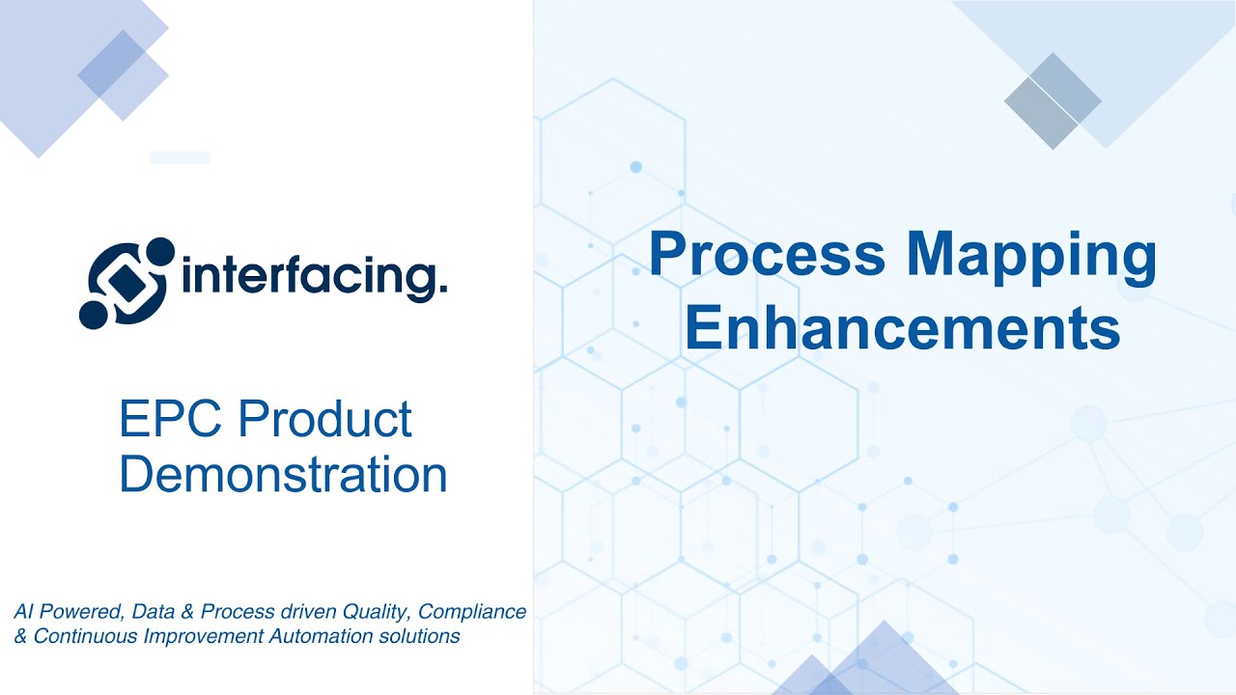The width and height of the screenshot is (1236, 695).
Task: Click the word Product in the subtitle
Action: coord(325,419)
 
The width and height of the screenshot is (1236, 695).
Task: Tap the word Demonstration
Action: coord(283,474)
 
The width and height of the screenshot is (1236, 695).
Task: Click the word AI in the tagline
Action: coord(23,612)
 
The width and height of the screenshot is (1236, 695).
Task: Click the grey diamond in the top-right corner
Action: coord(1053,100)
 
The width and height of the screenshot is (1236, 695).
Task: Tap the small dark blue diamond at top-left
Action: coord(111,64)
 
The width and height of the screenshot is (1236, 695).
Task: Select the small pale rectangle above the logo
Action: coord(180,157)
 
